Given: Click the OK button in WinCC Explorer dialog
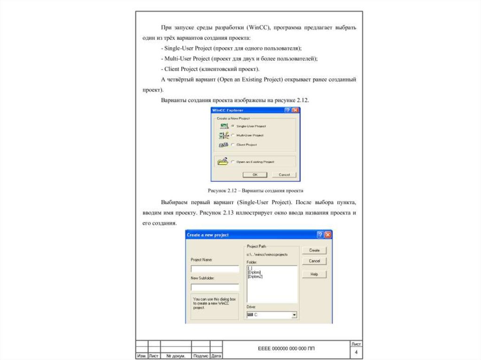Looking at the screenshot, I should click(255, 175).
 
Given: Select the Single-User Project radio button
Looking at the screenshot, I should click(233, 126).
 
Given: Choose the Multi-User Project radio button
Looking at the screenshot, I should click(233, 135).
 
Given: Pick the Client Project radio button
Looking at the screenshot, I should click(233, 145).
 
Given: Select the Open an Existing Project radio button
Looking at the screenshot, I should click(233, 161).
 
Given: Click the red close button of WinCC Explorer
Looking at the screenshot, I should click(295, 110).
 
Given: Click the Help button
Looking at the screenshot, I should click(314, 274).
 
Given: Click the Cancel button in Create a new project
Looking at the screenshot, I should click(314, 261).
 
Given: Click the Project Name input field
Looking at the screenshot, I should click(215, 269).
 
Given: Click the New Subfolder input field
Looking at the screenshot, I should click(215, 287).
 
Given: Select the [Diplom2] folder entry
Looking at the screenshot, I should click(255, 276).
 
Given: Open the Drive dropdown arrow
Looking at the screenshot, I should click(294, 315).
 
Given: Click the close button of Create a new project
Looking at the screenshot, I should click(328, 235).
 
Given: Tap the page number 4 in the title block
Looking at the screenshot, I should click(356, 352).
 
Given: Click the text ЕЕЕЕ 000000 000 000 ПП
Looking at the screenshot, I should click(287, 349).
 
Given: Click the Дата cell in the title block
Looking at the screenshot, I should click(217, 356).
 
